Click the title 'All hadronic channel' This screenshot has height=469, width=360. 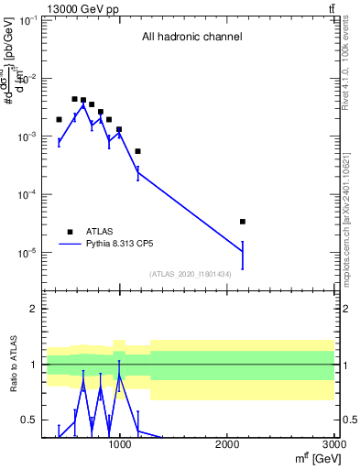click(191, 38)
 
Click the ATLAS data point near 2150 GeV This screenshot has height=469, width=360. click(242, 222)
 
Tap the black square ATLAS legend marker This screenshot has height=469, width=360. click(70, 232)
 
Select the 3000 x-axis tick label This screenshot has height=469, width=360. click(333, 446)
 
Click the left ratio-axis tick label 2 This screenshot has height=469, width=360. click(33, 310)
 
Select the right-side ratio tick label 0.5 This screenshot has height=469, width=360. click(349, 420)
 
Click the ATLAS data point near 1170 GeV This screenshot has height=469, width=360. click(137, 151)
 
